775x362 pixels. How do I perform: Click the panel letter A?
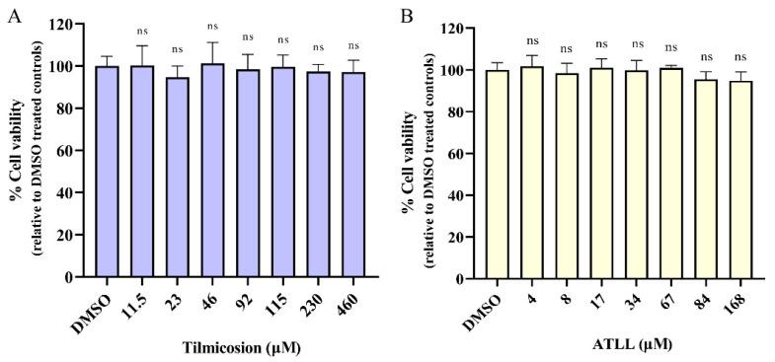pyautogui.click(x=14, y=17)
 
